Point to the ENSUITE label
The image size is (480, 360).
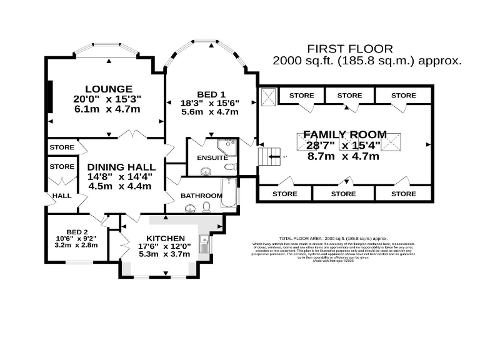click(x=212, y=158)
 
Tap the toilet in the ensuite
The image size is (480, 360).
click(x=230, y=167)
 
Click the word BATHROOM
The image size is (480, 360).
click(x=201, y=196)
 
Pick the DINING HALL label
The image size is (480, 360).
click(x=121, y=167)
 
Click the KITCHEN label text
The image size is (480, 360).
click(x=166, y=238)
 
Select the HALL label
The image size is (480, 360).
click(x=61, y=196)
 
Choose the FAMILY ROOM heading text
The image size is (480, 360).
click(x=345, y=134)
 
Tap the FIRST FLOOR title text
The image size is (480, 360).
click(x=350, y=49)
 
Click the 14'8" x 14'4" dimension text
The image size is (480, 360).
click(x=121, y=176)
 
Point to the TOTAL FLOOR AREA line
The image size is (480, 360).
click(x=333, y=239)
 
